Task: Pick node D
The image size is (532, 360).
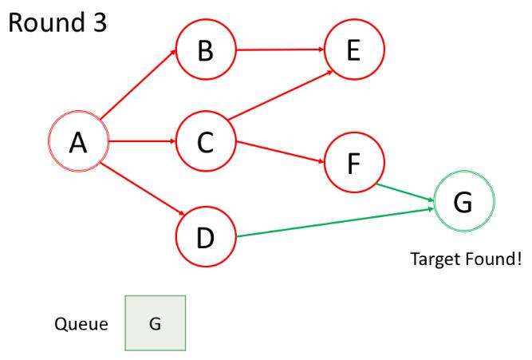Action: (x=205, y=237)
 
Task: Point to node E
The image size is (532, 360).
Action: (x=353, y=50)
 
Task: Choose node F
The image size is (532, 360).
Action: (x=353, y=164)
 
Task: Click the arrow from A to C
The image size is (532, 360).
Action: (x=140, y=142)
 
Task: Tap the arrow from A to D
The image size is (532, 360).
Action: (x=141, y=189)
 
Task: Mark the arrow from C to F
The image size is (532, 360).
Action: (x=280, y=152)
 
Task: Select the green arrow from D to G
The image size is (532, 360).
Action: (x=335, y=222)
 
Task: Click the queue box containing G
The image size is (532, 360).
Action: (x=155, y=323)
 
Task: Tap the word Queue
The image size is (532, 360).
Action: (x=81, y=324)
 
